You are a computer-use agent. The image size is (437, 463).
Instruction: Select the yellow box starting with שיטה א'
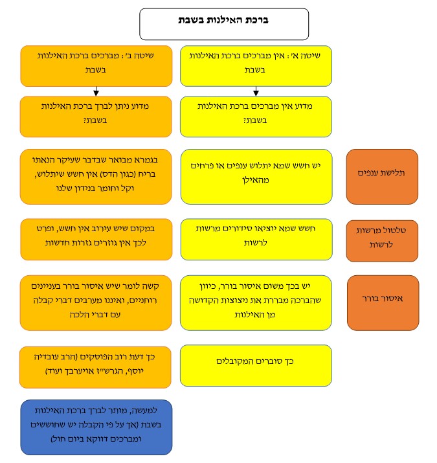255,65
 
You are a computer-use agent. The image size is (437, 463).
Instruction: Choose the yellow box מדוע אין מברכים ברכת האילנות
255,116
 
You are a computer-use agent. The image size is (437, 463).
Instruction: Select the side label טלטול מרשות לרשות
382,238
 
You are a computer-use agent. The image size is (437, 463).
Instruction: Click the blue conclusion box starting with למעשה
96,427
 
